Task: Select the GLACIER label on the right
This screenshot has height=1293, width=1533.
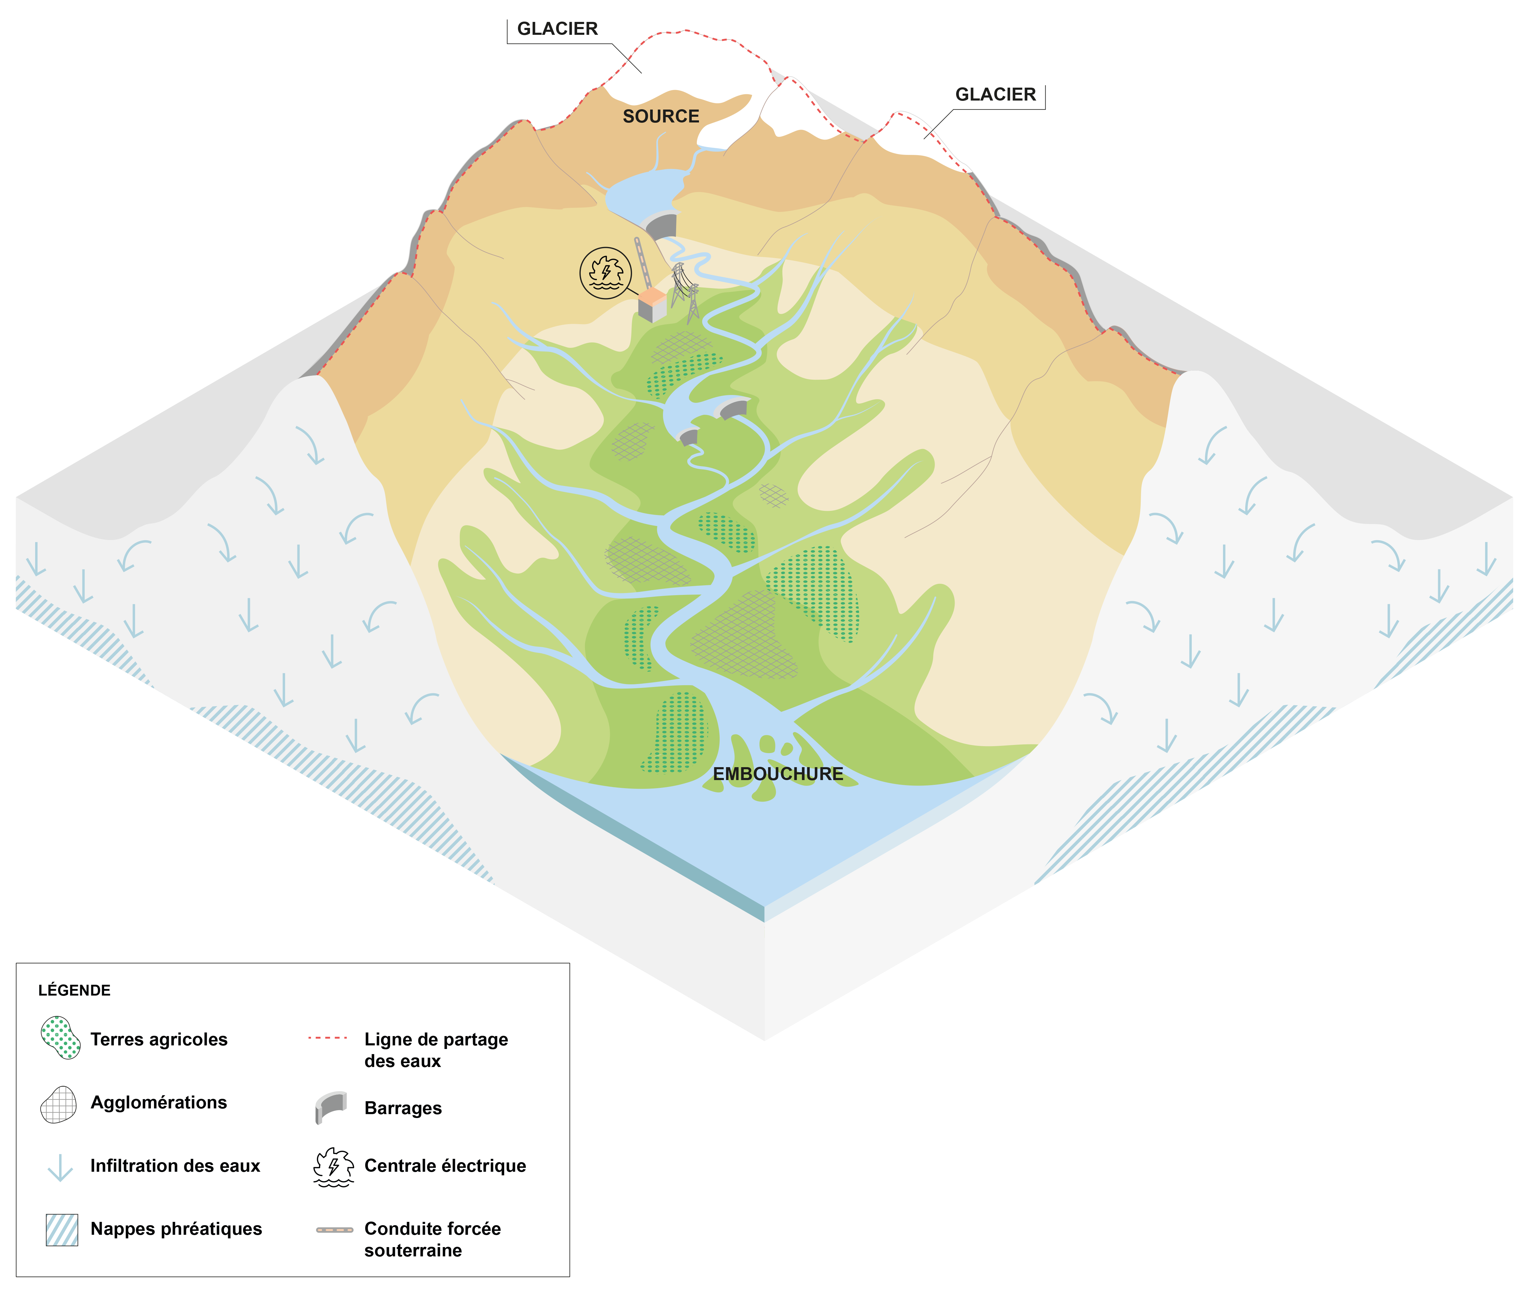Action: pyautogui.click(x=995, y=95)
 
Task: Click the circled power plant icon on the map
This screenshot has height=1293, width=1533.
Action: pyautogui.click(x=605, y=273)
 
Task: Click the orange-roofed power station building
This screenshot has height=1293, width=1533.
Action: pyautogui.click(x=652, y=304)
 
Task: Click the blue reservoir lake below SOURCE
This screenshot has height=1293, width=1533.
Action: pyautogui.click(x=637, y=191)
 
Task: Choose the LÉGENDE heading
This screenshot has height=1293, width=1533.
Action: pyautogui.click(x=74, y=990)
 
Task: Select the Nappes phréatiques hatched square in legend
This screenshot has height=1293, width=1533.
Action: pyautogui.click(x=62, y=1230)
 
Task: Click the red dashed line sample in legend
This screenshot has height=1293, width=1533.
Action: pyautogui.click(x=327, y=1038)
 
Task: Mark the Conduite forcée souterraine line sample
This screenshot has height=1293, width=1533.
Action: pyautogui.click(x=334, y=1230)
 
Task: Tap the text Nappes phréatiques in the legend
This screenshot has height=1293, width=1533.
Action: pyautogui.click(x=176, y=1229)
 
